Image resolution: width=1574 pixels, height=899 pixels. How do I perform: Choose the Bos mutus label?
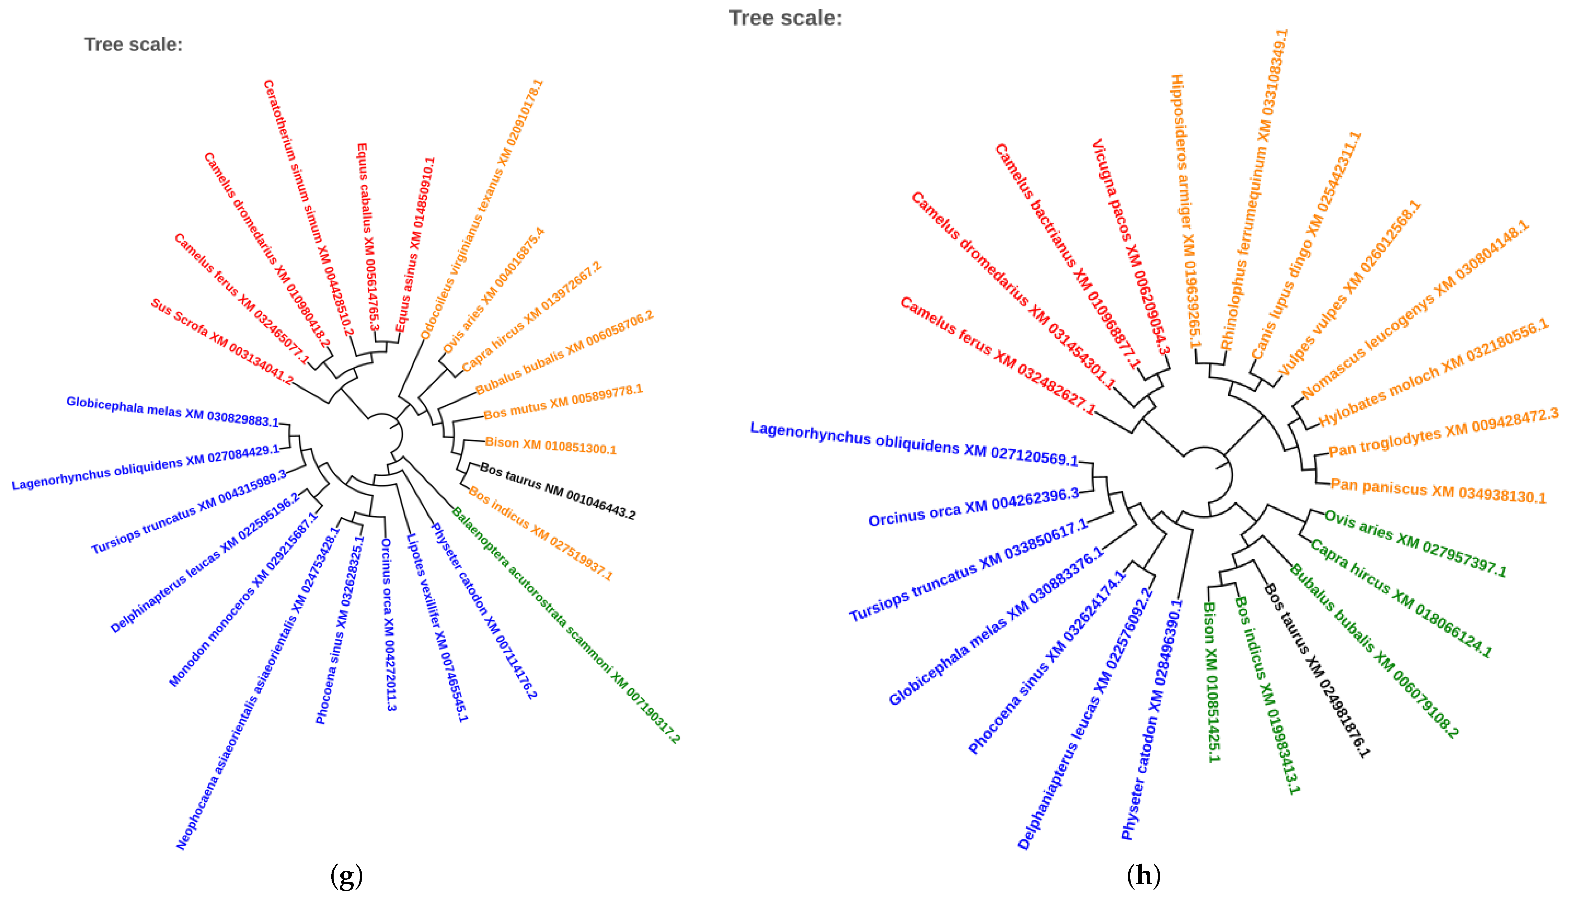[563, 402]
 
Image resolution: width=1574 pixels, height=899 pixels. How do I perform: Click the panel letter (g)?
[346, 875]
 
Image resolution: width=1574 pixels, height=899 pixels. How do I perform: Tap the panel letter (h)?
[1143, 875]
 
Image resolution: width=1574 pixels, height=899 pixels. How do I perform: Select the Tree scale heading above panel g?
[133, 44]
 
